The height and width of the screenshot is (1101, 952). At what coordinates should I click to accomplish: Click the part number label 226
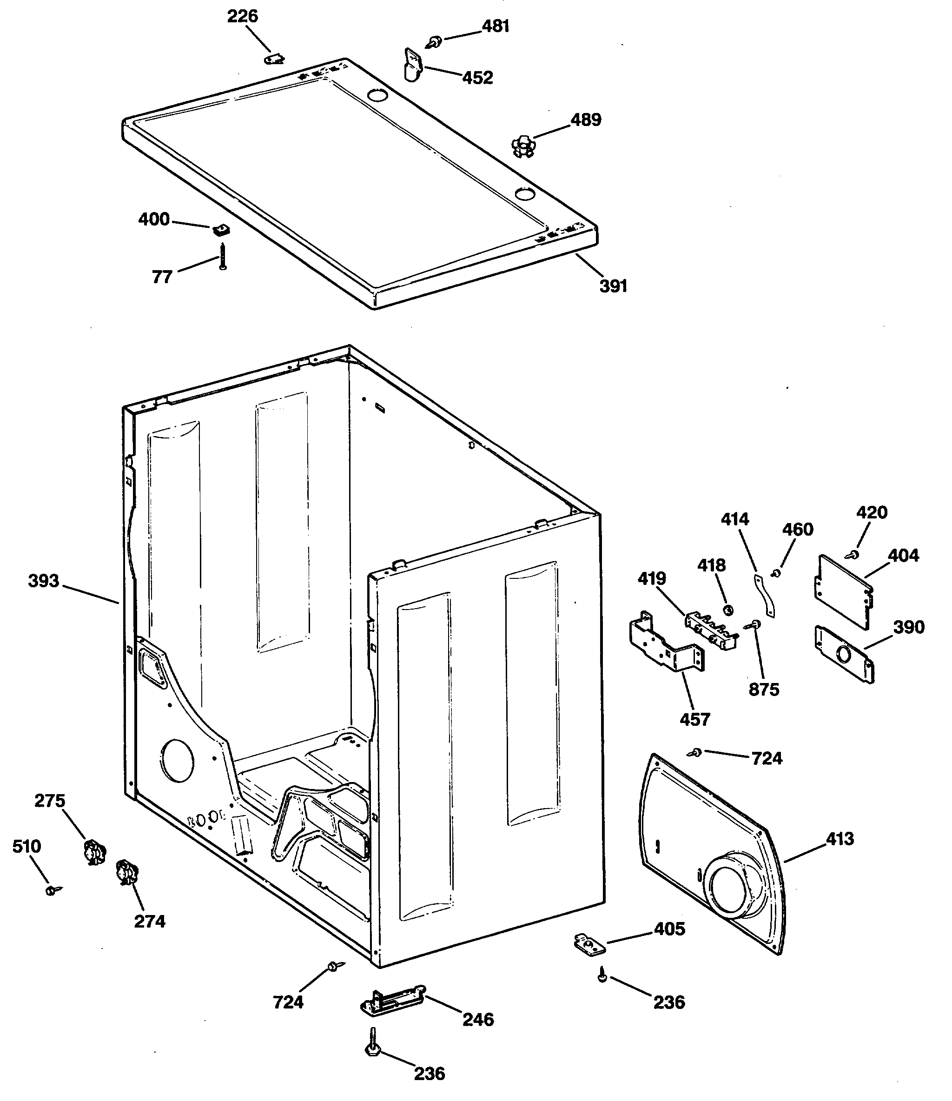[x=242, y=16]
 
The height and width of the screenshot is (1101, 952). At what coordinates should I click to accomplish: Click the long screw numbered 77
[x=223, y=256]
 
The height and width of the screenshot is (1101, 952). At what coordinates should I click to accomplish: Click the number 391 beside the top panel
[x=613, y=286]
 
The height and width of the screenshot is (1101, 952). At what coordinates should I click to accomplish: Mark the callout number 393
[x=43, y=580]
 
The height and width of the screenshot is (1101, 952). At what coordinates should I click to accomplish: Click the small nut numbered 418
[x=729, y=610]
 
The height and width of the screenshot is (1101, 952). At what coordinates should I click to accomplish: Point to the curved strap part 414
[x=765, y=595]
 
